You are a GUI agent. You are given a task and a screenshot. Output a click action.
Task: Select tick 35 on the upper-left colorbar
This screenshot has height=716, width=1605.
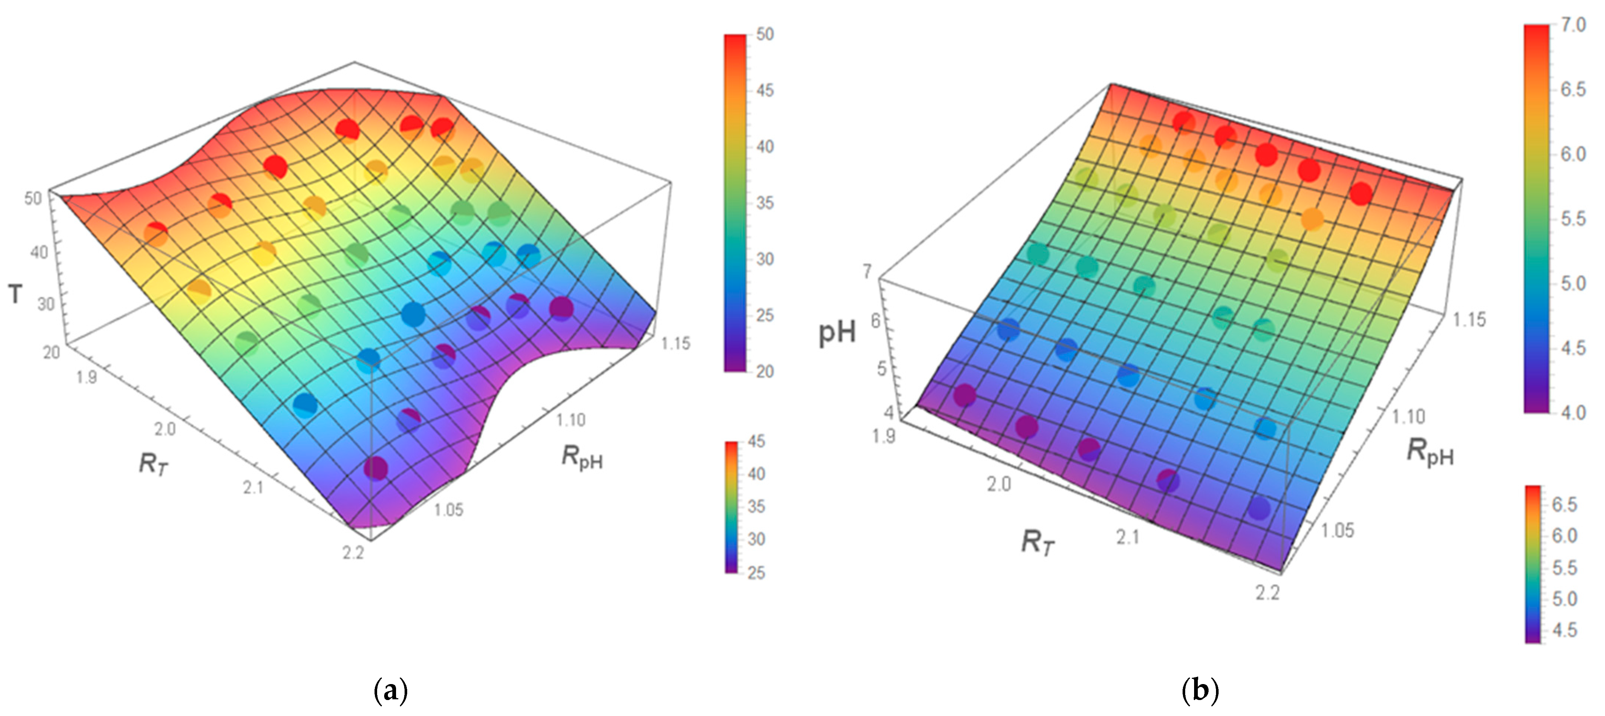point(765,203)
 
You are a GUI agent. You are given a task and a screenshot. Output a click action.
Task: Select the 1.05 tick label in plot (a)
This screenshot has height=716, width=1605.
point(449,510)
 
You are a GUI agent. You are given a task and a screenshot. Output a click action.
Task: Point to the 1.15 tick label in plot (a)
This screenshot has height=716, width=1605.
point(676,344)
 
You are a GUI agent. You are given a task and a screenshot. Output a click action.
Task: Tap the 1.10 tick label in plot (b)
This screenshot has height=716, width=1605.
point(1409,416)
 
